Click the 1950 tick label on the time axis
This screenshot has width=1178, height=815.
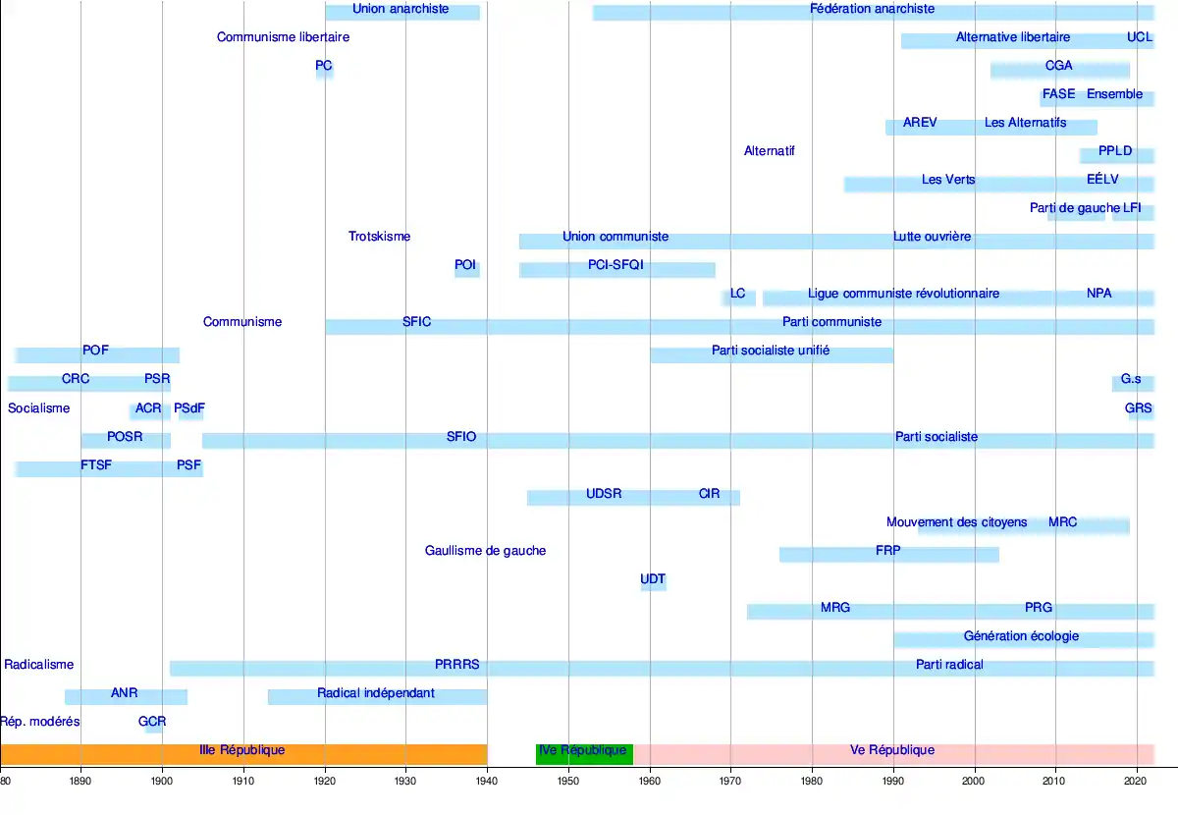568,782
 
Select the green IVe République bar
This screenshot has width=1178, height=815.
583,751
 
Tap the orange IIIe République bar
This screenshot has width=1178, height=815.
242,751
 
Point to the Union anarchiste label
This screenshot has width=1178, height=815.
401,9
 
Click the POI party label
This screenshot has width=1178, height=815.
465,265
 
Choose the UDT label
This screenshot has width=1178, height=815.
653,579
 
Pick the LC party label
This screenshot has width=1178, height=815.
738,294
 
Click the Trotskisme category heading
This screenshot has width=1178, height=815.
379,237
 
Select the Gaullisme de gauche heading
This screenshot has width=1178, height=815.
485,551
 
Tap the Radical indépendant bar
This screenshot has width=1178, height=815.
376,693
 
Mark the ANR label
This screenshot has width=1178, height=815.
124,693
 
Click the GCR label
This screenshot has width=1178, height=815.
152,722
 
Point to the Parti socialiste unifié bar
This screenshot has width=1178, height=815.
771,351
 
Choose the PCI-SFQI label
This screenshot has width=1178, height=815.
616,265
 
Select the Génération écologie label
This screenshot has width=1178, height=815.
1021,636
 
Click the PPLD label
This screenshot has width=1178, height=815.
1115,151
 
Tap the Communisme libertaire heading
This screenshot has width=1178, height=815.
283,37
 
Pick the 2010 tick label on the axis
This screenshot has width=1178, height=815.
1055,782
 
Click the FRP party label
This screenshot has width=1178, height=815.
887,551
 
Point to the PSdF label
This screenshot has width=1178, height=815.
189,408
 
